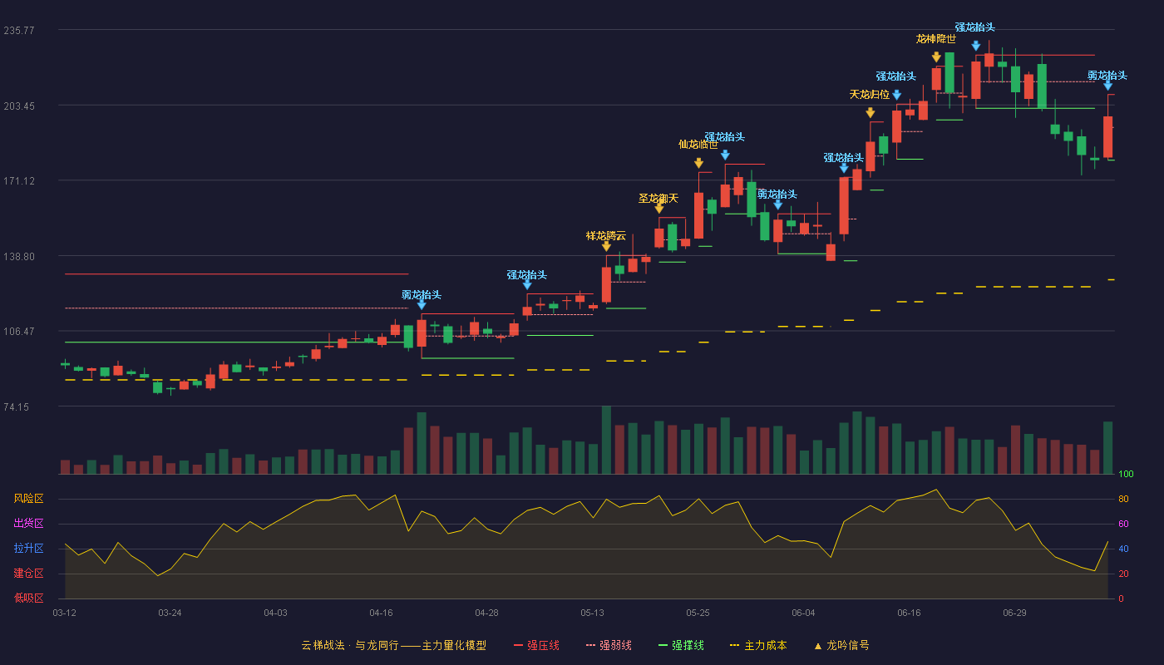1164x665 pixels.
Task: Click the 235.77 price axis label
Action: click(x=19, y=31)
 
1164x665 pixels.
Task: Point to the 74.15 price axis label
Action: click(x=16, y=407)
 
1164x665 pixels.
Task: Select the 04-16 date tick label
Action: click(x=381, y=613)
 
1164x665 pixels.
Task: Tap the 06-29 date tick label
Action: click(x=1014, y=613)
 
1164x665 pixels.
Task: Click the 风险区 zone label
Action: click(x=28, y=499)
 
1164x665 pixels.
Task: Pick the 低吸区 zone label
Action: click(x=28, y=598)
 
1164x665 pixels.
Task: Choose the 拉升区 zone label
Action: click(x=28, y=549)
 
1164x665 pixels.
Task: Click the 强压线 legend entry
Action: click(x=536, y=646)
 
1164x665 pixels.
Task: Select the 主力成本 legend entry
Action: click(x=758, y=646)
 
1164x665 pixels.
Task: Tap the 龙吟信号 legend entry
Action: click(x=841, y=646)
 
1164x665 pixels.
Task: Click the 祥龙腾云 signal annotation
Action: click(x=606, y=236)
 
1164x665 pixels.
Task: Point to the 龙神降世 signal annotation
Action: click(x=936, y=39)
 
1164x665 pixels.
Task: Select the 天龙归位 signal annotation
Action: click(x=870, y=95)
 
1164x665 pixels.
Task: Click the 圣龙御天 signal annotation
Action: click(x=658, y=199)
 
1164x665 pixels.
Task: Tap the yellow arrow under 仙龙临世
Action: click(x=699, y=163)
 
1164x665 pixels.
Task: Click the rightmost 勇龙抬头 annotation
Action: click(x=1107, y=76)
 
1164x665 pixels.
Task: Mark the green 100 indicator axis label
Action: click(x=1126, y=474)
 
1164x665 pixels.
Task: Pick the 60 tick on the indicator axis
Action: click(x=1123, y=524)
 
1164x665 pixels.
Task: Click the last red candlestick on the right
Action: click(x=1107, y=136)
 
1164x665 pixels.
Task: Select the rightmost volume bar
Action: click(x=1107, y=448)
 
